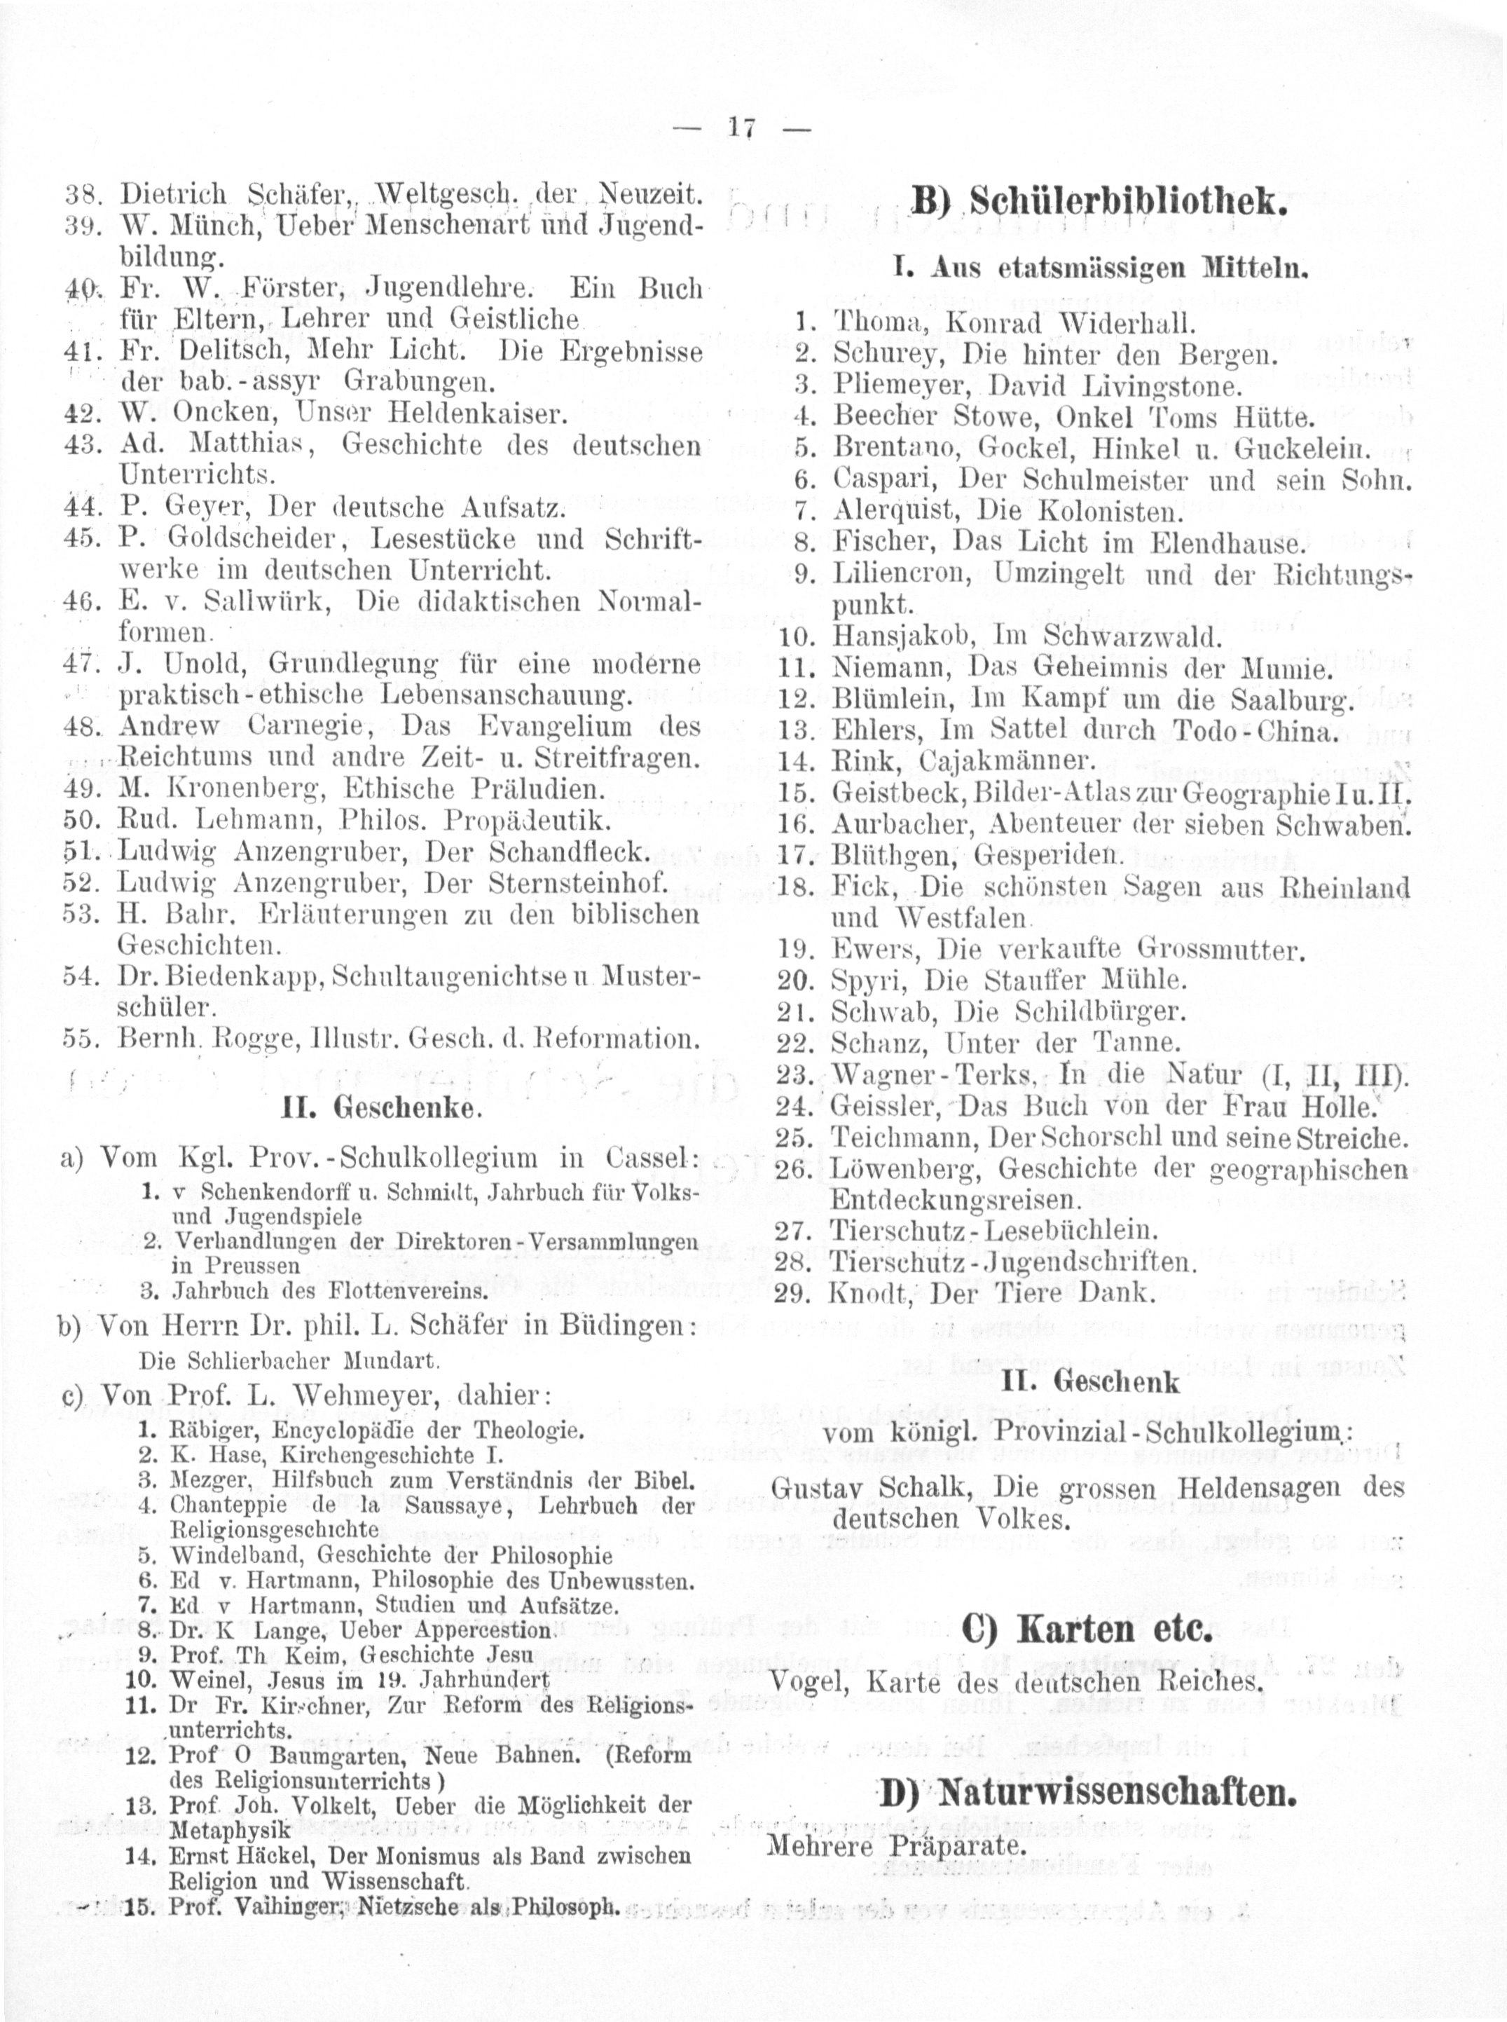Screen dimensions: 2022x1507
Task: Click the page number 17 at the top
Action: [740, 130]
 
